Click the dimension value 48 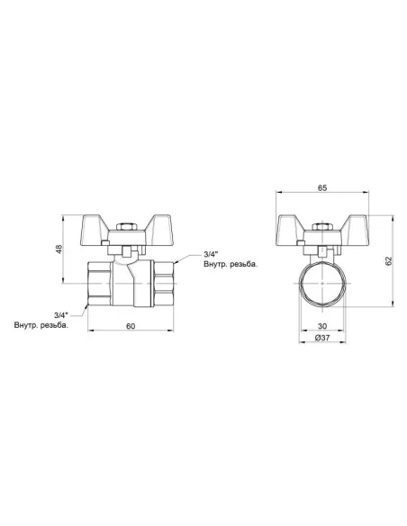[x=59, y=249]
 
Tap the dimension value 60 [x=131, y=326]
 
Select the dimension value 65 [x=322, y=188]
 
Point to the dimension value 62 [x=389, y=260]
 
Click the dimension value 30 [x=322, y=326]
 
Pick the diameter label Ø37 [x=322, y=338]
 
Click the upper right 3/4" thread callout [x=212, y=253]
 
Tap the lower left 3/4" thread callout [x=61, y=315]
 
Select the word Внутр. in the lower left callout [x=26, y=325]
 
